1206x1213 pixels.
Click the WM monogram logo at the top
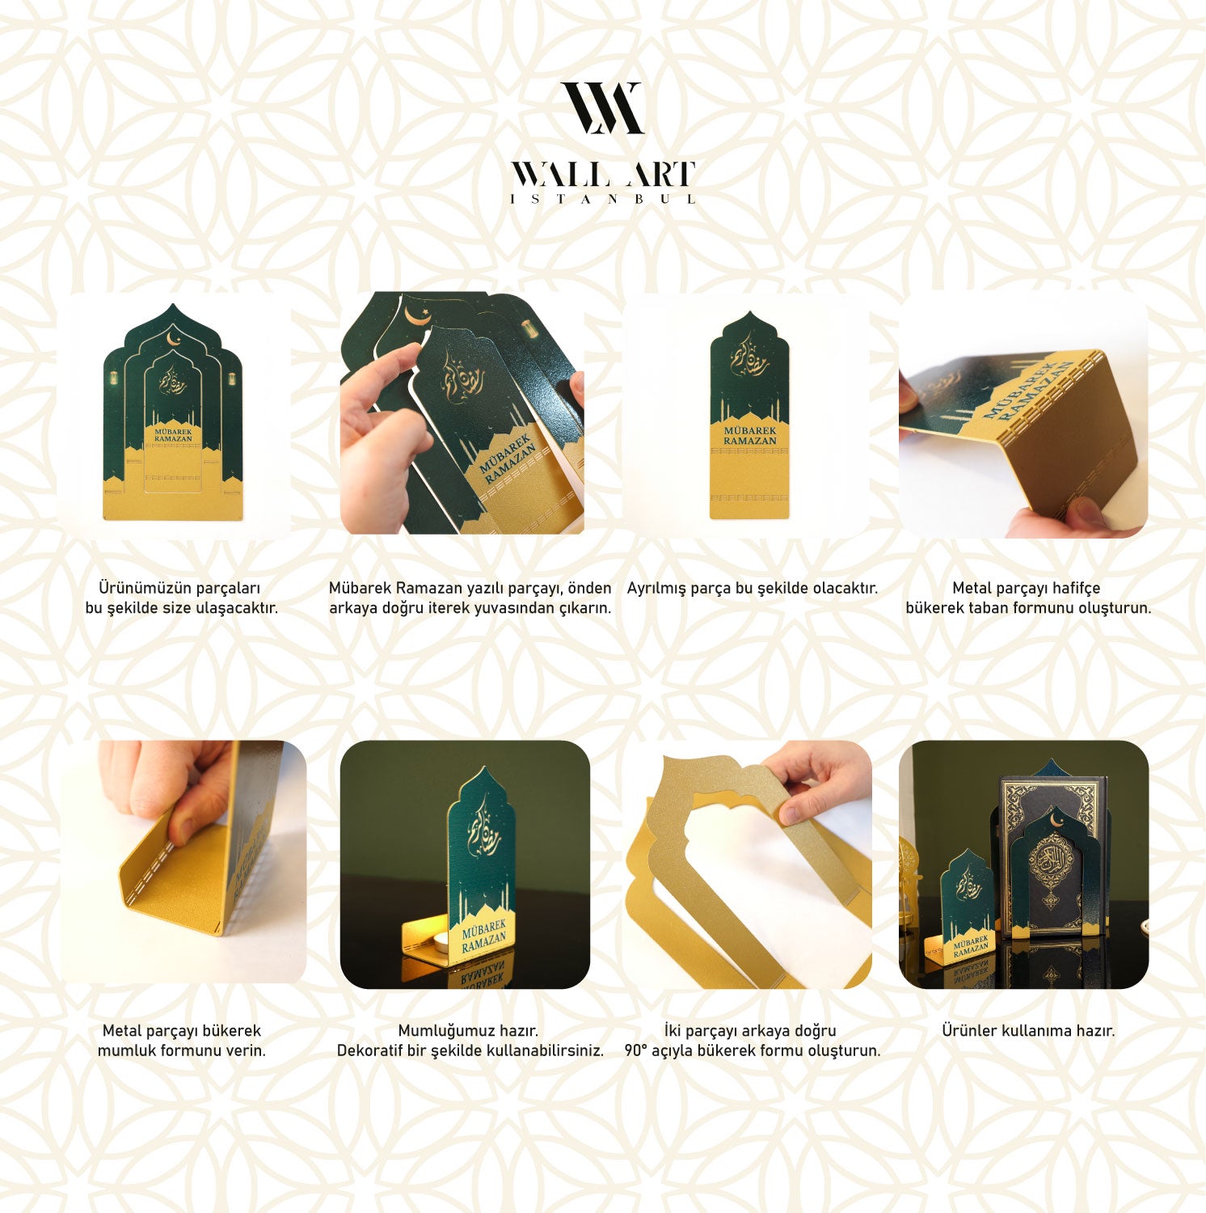603,108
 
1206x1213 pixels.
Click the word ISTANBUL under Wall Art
603,199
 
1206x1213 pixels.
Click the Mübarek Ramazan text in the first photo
173,435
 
